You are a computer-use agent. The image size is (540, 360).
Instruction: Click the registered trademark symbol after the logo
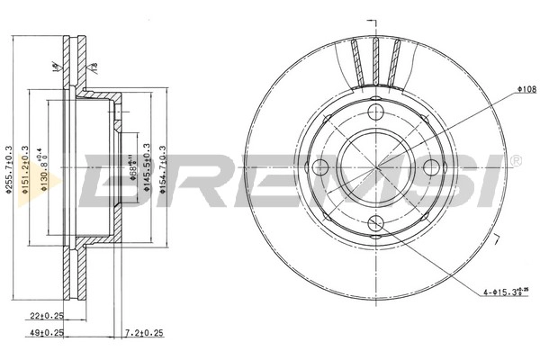tap(516, 160)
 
